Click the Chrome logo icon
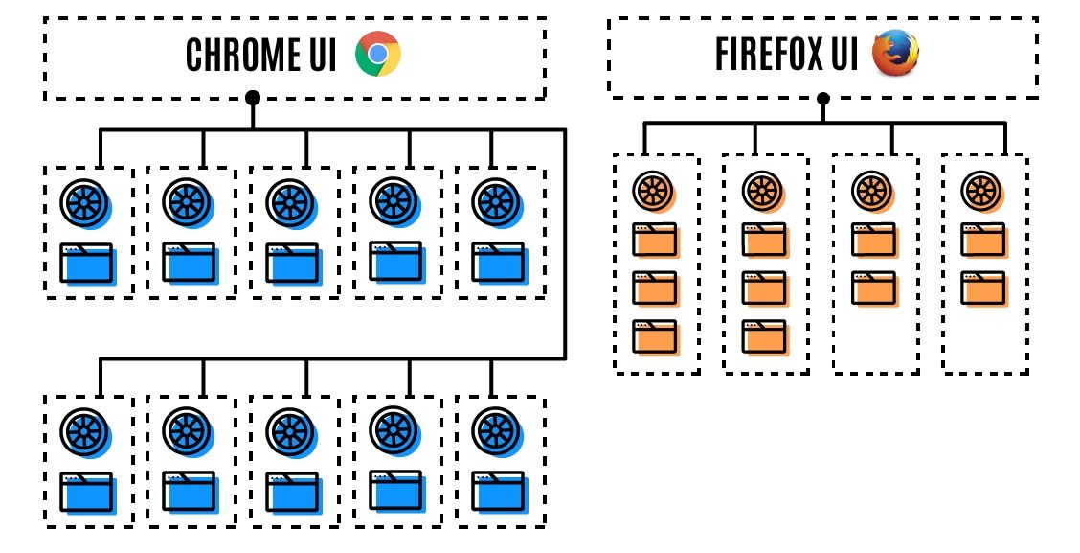click(x=377, y=55)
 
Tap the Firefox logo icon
click(x=895, y=53)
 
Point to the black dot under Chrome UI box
click(x=253, y=97)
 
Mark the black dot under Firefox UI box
click(x=822, y=98)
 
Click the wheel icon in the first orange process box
click(x=653, y=189)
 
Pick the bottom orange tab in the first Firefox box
click(x=654, y=336)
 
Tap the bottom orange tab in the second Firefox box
click(x=764, y=336)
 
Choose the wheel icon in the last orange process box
click(x=982, y=189)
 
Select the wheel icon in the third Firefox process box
click(x=873, y=189)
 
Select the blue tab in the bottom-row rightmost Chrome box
click(x=497, y=494)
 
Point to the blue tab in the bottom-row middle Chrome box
click(x=291, y=494)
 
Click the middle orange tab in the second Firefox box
click(x=764, y=287)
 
